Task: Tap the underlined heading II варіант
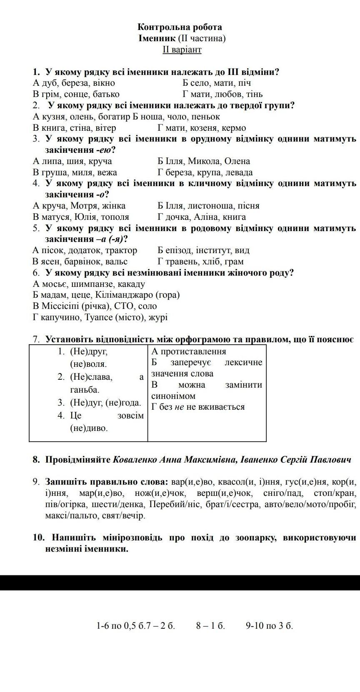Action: [182, 50]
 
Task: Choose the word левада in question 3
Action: [239, 172]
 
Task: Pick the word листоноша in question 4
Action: [209, 206]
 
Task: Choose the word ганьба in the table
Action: [85, 390]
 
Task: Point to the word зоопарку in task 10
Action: [257, 538]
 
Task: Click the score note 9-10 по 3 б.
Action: [269, 626]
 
